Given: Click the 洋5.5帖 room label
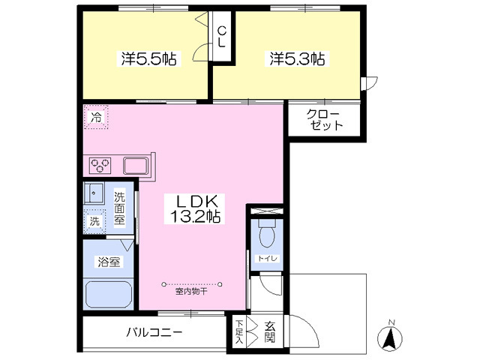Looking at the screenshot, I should [x=148, y=58].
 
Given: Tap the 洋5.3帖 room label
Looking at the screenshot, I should [x=297, y=58].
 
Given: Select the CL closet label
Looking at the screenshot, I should [x=222, y=37].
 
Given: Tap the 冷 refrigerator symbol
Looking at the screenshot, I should [x=96, y=118].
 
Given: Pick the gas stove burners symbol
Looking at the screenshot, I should [x=101, y=165].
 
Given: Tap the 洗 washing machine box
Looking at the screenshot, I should [x=95, y=222].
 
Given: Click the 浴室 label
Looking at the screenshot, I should [x=107, y=262].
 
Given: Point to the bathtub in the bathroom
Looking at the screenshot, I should [x=109, y=292].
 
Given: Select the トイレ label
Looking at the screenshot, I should [x=266, y=259].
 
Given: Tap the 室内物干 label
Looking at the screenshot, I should [x=191, y=291].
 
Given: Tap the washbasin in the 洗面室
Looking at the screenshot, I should [x=94, y=192].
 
